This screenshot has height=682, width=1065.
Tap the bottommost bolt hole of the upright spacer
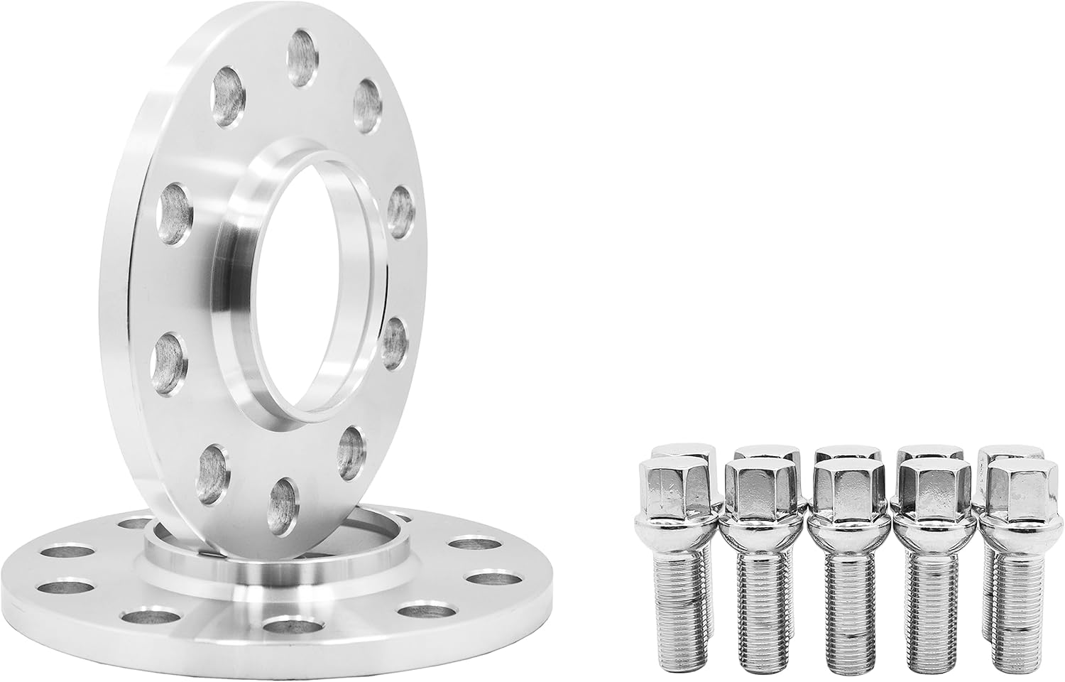pos(283,502)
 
